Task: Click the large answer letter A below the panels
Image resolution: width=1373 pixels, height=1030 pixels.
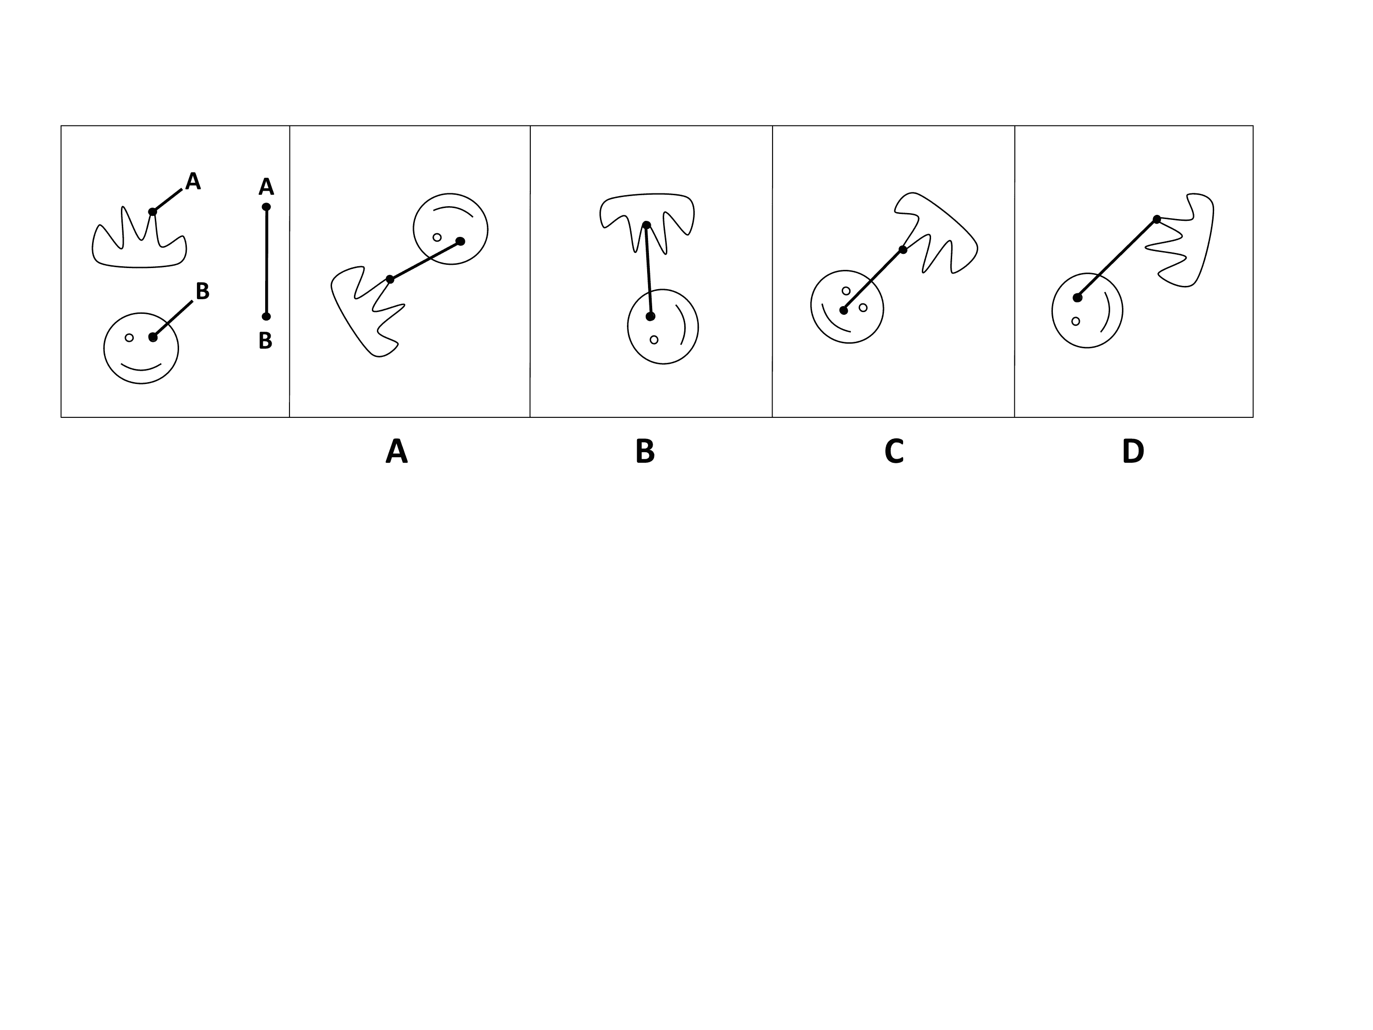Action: [397, 451]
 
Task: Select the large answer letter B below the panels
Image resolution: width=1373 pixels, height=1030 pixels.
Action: [645, 451]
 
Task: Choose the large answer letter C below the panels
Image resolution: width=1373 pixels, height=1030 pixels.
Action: [894, 451]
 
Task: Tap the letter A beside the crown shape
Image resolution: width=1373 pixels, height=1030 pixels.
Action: [193, 181]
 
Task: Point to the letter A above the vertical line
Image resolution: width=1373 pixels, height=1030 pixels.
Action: [266, 186]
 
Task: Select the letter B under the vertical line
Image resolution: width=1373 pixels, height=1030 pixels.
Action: [266, 340]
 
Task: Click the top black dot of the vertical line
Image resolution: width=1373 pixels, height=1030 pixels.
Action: [266, 207]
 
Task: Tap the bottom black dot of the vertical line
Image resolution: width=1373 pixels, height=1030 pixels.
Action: [266, 317]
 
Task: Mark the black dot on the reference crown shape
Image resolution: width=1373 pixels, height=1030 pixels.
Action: [153, 212]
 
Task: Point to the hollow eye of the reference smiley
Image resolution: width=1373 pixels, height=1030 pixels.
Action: [129, 338]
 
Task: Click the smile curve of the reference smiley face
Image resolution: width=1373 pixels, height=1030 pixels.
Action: [141, 367]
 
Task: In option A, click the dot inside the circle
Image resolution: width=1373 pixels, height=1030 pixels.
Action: [460, 241]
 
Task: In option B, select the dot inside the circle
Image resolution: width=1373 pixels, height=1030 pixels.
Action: [650, 317]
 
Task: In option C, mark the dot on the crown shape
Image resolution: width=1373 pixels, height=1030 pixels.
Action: [903, 250]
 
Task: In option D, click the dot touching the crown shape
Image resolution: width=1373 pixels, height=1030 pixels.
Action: [1157, 219]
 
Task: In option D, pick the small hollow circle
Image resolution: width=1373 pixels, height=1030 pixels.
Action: [1076, 321]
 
